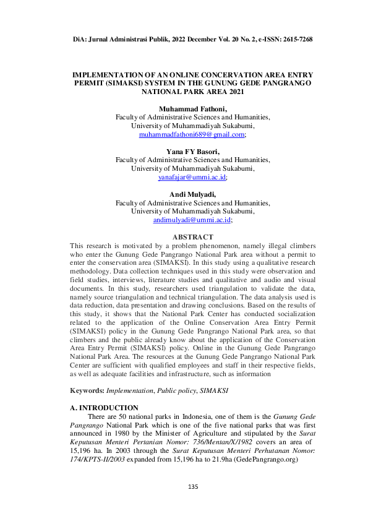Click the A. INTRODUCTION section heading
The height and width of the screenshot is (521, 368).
point(104,408)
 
